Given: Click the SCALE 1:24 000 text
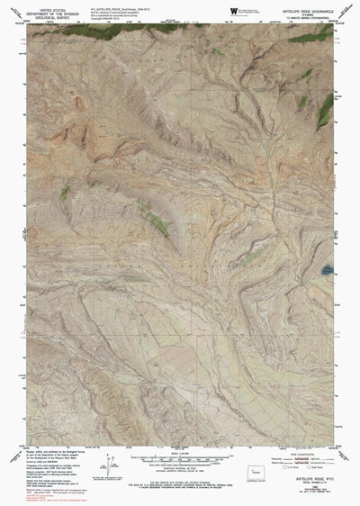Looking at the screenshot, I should pos(179,457).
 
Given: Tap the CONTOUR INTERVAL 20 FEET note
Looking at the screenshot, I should pos(179,475).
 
